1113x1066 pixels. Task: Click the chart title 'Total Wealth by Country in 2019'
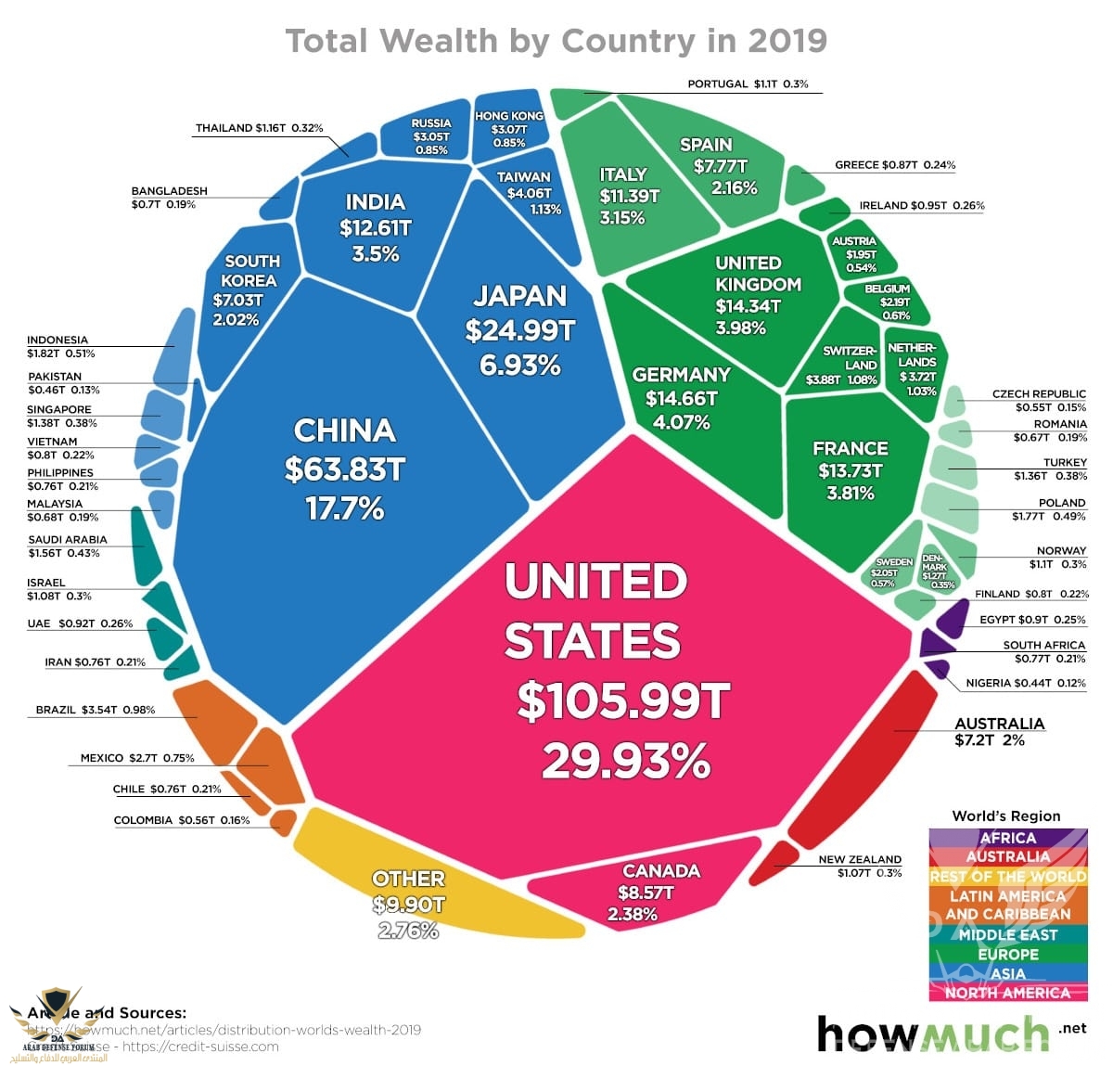(556, 41)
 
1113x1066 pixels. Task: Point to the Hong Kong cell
(509, 129)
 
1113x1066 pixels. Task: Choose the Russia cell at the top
(431, 135)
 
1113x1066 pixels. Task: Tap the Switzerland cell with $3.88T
(844, 365)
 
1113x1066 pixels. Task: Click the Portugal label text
(748, 83)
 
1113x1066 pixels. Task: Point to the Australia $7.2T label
(999, 731)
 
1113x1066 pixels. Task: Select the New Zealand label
(859, 866)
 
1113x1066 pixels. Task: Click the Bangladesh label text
(168, 197)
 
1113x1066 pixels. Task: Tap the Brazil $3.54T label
(96, 710)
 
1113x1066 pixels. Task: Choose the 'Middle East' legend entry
(1007, 934)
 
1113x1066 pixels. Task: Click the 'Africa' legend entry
(1007, 838)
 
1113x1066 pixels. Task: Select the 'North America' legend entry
(1007, 993)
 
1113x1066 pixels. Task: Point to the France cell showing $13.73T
(850, 469)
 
